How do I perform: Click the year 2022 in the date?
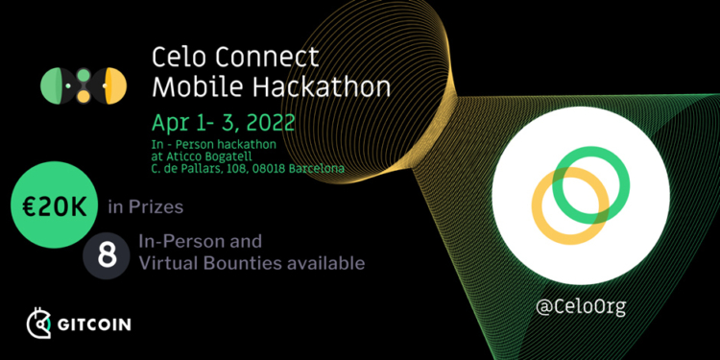coord(271,123)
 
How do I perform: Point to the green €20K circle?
coord(54,204)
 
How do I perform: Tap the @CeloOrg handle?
coord(581,307)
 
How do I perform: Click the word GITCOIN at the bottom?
coord(94,324)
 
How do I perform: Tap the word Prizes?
coord(156,207)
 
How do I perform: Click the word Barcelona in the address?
coord(316,169)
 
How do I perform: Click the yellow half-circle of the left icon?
coord(116,85)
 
